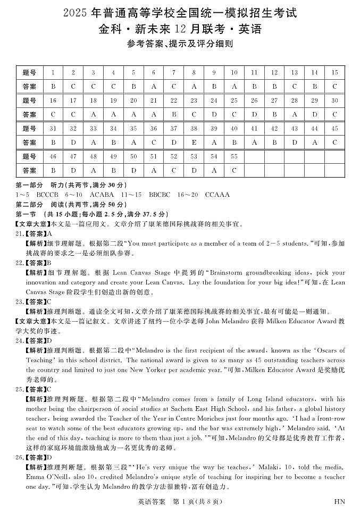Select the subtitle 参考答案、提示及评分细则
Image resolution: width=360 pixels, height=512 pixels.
(x=180, y=45)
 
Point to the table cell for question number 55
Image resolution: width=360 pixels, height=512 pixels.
(x=234, y=156)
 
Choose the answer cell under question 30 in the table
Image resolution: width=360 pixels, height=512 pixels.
(x=334, y=114)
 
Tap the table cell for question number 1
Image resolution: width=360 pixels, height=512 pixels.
(x=53, y=72)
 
